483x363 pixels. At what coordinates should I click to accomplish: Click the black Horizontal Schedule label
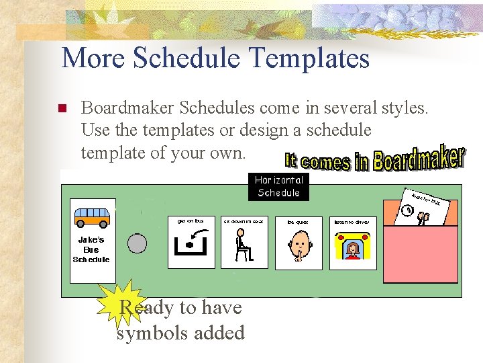(279, 186)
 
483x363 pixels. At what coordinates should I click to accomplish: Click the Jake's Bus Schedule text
(92, 249)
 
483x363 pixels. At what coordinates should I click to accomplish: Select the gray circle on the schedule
(138, 243)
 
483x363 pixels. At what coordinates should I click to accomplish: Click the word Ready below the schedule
(144, 308)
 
